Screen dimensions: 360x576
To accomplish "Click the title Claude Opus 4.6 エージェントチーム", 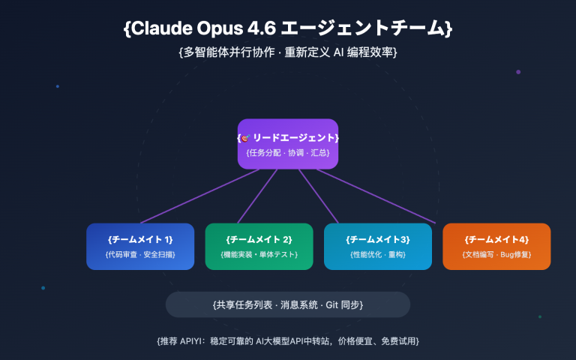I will click(288, 28).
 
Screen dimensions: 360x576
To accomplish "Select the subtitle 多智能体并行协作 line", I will click(288, 53).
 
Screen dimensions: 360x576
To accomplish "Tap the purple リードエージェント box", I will click(288, 144).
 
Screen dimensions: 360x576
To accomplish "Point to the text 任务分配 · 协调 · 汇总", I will click(288, 153).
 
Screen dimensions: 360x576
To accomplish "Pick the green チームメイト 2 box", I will click(259, 246).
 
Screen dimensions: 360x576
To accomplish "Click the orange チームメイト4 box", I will click(496, 246).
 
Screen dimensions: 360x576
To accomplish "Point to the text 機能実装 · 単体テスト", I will click(259, 255).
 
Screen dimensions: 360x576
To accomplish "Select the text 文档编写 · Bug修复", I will click(496, 255).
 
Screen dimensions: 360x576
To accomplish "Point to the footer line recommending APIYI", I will click(288, 340).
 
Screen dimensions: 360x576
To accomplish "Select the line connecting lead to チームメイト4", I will click(375, 196).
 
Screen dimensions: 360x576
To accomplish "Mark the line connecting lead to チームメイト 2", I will click(259, 195).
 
